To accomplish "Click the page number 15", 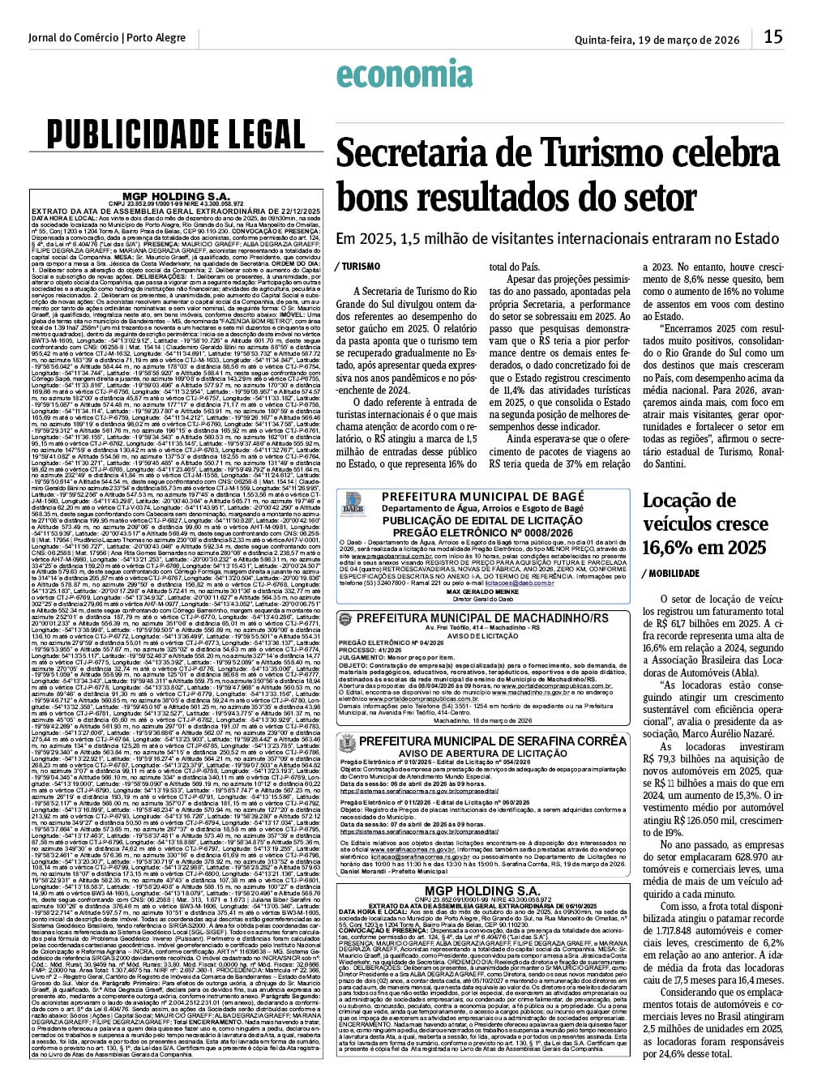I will pos(772,36).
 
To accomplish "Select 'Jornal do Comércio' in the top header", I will pos(73,38).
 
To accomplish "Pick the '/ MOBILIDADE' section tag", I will pos(671,573).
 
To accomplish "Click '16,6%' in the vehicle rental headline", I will pos(670,547).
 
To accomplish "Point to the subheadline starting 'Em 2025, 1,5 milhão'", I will pos(546,239).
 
